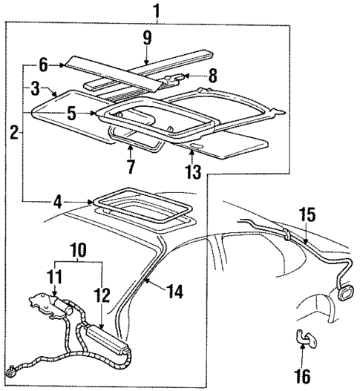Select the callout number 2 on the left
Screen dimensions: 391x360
14,134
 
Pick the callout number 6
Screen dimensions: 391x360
43,65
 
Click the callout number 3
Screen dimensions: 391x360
35,88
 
